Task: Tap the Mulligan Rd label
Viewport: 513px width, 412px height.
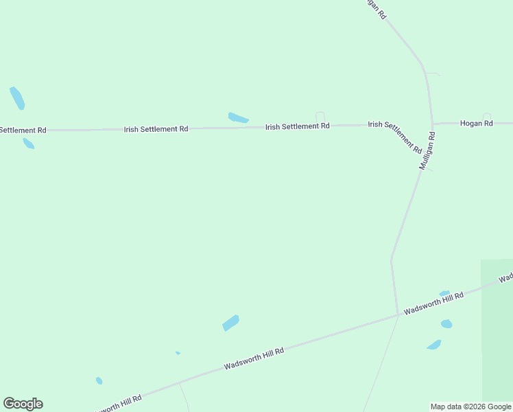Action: (x=428, y=152)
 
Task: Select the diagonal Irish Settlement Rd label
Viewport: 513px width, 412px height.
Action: (x=394, y=137)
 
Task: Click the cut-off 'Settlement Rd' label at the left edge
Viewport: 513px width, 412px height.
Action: (x=23, y=130)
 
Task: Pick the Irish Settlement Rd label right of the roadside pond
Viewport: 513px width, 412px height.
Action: (x=297, y=126)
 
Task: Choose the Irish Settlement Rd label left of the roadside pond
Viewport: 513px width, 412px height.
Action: (x=156, y=129)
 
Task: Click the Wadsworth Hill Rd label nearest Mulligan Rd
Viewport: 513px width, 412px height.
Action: (x=433, y=303)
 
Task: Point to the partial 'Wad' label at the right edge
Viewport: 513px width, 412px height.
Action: (x=506, y=278)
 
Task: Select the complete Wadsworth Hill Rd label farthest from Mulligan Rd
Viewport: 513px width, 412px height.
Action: (x=253, y=358)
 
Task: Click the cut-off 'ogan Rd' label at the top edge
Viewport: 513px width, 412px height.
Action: (x=374, y=8)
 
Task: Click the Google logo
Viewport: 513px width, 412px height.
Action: (x=23, y=404)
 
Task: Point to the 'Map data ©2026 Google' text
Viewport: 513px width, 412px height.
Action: (x=470, y=407)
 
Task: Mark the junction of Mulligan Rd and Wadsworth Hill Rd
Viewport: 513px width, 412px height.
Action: (x=398, y=315)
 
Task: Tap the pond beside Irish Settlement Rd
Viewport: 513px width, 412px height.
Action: (x=237, y=118)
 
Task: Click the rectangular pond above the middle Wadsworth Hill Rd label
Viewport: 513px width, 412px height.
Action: (x=230, y=323)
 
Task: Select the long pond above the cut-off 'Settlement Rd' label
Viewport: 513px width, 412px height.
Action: (x=17, y=98)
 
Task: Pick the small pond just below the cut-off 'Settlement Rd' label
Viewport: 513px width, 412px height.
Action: (x=28, y=144)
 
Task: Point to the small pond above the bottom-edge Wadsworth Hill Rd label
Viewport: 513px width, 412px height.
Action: (x=99, y=380)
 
